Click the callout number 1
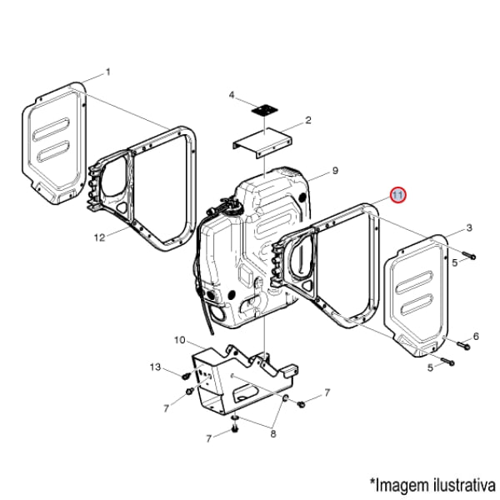(x=107, y=72)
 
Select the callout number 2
(x=307, y=121)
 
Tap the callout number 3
(x=469, y=227)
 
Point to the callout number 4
(x=232, y=95)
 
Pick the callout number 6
(x=476, y=337)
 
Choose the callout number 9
(x=334, y=171)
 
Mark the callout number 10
(x=179, y=340)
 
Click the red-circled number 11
(x=397, y=195)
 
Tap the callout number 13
(x=155, y=367)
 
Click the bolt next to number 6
(x=461, y=342)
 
